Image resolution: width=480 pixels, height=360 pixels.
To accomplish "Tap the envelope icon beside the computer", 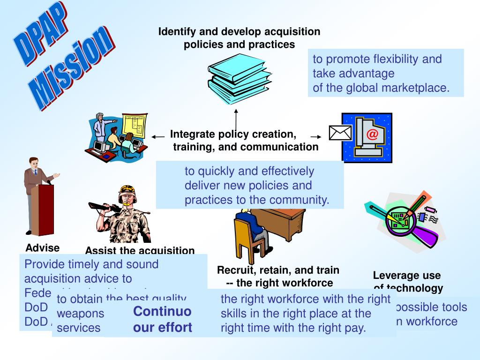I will click(340, 133).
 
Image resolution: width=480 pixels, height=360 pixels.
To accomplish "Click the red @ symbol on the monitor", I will click(372, 135).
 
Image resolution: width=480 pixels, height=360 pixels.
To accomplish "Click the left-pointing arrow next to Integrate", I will click(158, 137).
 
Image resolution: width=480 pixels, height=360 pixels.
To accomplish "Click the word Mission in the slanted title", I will click(75, 66).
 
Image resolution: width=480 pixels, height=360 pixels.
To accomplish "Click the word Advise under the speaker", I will click(43, 248).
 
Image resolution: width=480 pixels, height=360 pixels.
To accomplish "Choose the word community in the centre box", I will click(303, 200).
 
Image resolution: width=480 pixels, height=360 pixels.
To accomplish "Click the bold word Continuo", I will click(162, 312).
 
